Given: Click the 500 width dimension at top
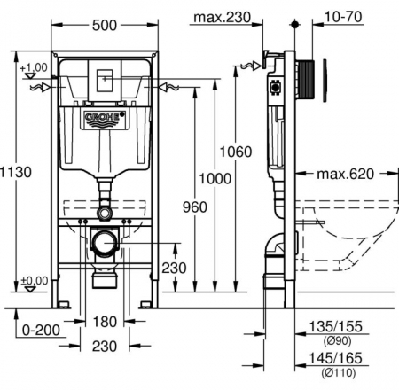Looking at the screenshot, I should (x=104, y=27).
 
